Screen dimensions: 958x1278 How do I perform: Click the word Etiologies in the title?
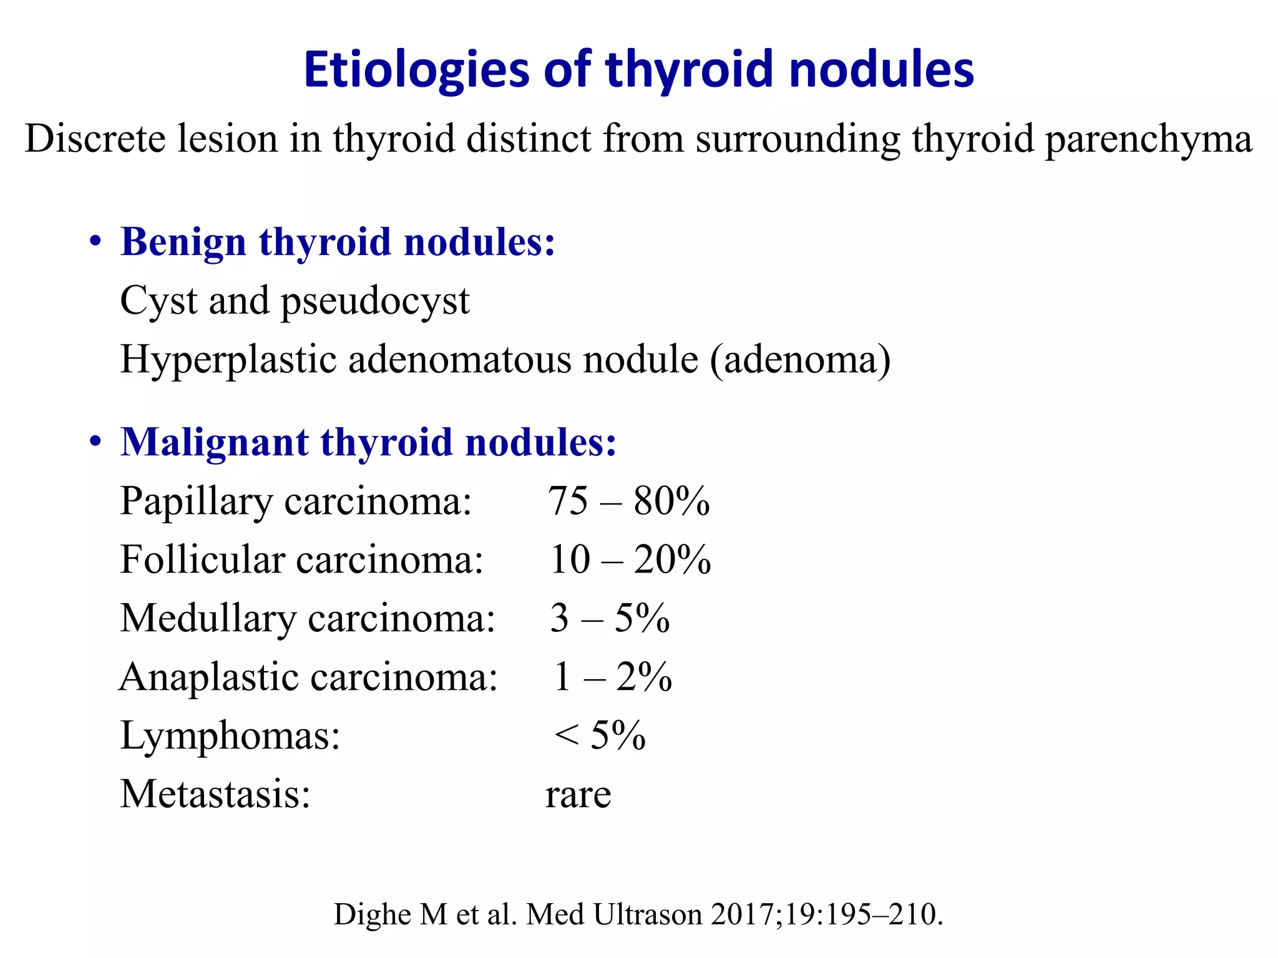tap(416, 70)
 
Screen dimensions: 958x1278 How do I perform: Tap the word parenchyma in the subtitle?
tap(1148, 138)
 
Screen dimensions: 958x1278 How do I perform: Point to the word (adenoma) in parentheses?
tap(800, 360)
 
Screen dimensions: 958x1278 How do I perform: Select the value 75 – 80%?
tap(628, 501)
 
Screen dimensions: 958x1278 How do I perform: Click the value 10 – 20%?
tap(630, 559)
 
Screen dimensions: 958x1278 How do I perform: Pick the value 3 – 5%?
tap(610, 618)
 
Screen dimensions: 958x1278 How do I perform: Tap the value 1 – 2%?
tap(612, 677)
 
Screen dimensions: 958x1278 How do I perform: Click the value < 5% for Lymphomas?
tap(599, 735)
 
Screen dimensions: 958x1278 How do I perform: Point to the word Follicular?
tap(202, 559)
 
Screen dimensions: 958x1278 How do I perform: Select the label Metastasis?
tap(215, 794)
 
